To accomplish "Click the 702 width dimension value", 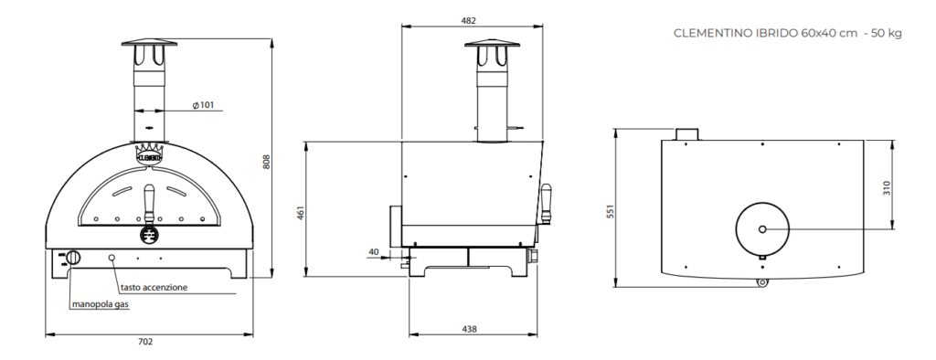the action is coord(145,342).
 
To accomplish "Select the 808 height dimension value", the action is coord(267,161).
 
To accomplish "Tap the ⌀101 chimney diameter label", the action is coord(203,106).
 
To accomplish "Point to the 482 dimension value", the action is coord(469,21).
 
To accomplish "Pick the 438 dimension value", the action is coord(469,329).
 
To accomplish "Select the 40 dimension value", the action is coord(374,252).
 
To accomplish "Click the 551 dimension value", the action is coord(610,211).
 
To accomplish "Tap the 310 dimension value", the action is coord(887,188).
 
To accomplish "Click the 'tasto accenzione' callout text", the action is coord(154,287).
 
